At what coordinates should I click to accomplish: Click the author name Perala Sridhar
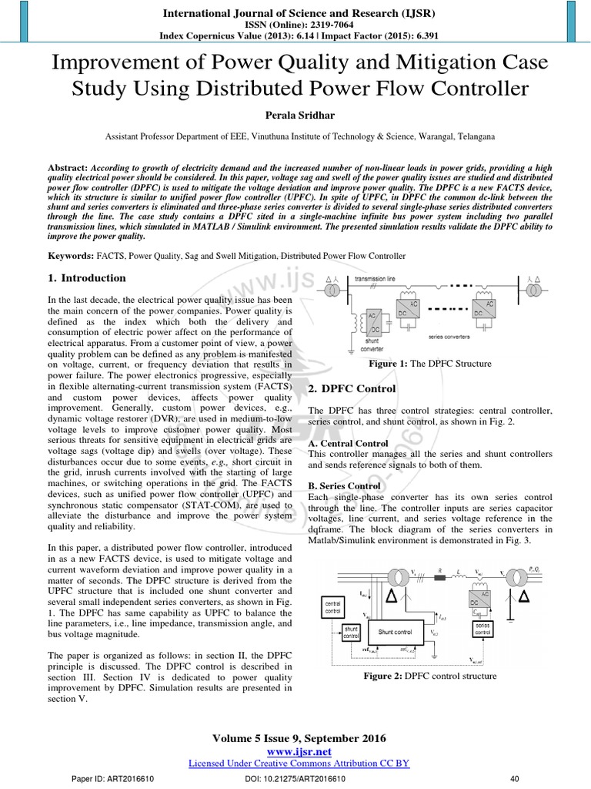(x=295, y=116)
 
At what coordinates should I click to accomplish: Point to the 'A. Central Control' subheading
(x=348, y=443)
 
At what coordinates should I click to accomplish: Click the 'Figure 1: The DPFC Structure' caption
(x=430, y=364)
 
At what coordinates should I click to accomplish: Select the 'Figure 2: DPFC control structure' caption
(x=430, y=676)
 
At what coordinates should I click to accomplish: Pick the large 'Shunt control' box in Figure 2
(x=396, y=632)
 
